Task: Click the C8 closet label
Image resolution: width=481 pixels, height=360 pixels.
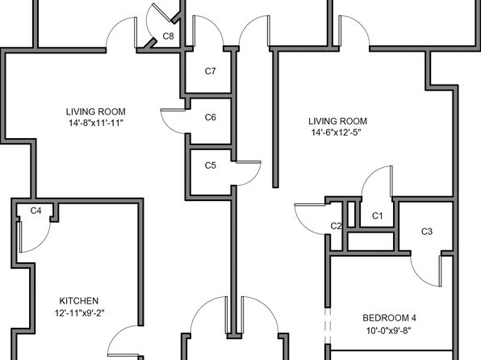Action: [168, 36]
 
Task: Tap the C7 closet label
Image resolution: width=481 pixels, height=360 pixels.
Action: [210, 71]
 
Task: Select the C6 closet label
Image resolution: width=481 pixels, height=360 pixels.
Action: [210, 117]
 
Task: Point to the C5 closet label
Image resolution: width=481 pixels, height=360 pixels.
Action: [210, 165]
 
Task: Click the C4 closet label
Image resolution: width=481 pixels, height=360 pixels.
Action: [36, 211]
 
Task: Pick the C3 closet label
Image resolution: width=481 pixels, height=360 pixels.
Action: [427, 232]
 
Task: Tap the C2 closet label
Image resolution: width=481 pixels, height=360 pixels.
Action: [336, 226]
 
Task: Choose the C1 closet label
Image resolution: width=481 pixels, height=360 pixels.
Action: [378, 216]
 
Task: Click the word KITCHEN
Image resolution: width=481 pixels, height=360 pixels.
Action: [79, 301]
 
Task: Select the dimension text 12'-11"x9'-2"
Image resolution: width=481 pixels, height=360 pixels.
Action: [79, 313]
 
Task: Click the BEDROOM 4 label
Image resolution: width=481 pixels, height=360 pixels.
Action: [389, 318]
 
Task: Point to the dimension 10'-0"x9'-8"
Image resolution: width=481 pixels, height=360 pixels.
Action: [389, 331]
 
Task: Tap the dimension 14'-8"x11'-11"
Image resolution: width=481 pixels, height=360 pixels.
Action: [96, 123]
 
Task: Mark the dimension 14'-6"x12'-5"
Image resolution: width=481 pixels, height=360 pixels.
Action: [336, 132]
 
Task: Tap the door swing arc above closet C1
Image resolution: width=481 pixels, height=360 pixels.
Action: [370, 174]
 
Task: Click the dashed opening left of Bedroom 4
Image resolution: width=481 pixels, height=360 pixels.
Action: [328, 326]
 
